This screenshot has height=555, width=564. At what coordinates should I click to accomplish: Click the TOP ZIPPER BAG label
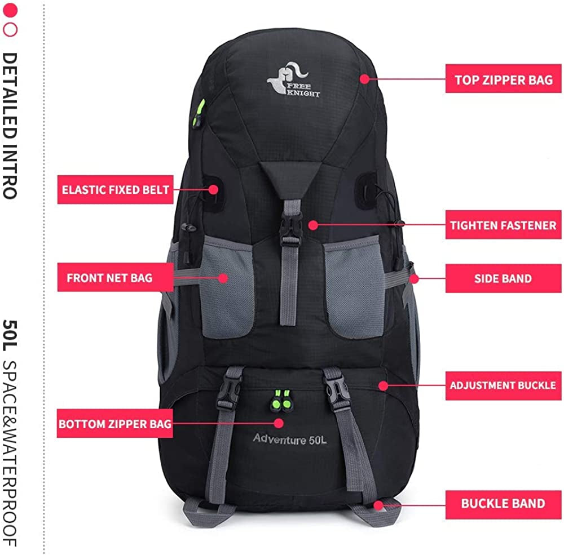coord(503,79)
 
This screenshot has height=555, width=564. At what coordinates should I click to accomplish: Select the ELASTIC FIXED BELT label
coord(116,189)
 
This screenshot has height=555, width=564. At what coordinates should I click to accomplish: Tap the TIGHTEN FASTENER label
coord(503,225)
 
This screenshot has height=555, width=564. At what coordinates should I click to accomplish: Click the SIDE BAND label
coord(503,278)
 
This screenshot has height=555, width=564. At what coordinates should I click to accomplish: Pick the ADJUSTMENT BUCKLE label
coord(503,386)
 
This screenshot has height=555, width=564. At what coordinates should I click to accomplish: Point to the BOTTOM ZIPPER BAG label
coord(114,424)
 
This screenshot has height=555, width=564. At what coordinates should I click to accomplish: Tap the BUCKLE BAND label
coord(503,504)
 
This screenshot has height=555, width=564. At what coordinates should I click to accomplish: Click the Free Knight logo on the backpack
coord(293,80)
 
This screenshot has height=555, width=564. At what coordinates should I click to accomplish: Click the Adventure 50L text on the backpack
coord(289,439)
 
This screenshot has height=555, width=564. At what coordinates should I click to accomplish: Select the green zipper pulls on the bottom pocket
coord(281,399)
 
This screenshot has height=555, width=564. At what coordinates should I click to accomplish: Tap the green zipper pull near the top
coord(199,113)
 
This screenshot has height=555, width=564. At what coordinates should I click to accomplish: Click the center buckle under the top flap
coord(290,230)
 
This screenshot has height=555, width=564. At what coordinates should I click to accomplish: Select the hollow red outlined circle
coord(10,30)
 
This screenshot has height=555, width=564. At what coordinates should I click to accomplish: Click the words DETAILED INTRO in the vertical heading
coord(10,126)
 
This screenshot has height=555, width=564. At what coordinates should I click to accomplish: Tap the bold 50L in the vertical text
coord(10,336)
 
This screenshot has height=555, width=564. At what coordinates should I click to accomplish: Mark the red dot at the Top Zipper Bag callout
coord(365,79)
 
